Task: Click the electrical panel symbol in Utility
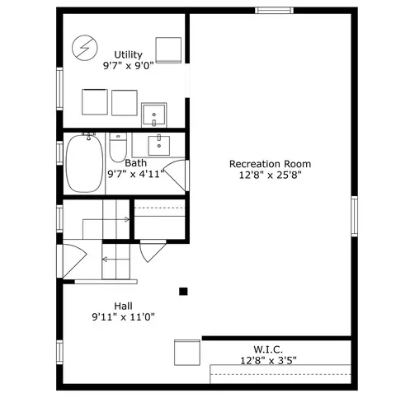pyautogui.click(x=85, y=48)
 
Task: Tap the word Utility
pyautogui.click(x=128, y=54)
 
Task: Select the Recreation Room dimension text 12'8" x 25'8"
pyautogui.click(x=270, y=175)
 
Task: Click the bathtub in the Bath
pyautogui.click(x=85, y=164)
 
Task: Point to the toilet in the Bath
pyautogui.click(x=118, y=147)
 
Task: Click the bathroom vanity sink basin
pyautogui.click(x=159, y=146)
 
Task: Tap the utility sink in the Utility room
pyautogui.click(x=154, y=115)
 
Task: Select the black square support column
pyautogui.click(x=183, y=292)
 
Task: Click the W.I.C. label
pyautogui.click(x=268, y=349)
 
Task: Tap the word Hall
pyautogui.click(x=123, y=306)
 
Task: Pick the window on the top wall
pyautogui.click(x=274, y=11)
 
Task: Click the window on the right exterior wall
pyautogui.click(x=355, y=216)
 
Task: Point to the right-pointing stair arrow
pyautogui.click(x=106, y=219)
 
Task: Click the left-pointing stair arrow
pyautogui.click(x=115, y=260)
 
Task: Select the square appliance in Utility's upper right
pyautogui.click(x=168, y=50)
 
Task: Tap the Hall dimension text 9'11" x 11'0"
pyautogui.click(x=123, y=317)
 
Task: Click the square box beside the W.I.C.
pyautogui.click(x=187, y=353)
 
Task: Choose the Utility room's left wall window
pyautogui.click(x=59, y=89)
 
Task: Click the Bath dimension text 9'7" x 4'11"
pyautogui.click(x=135, y=174)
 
